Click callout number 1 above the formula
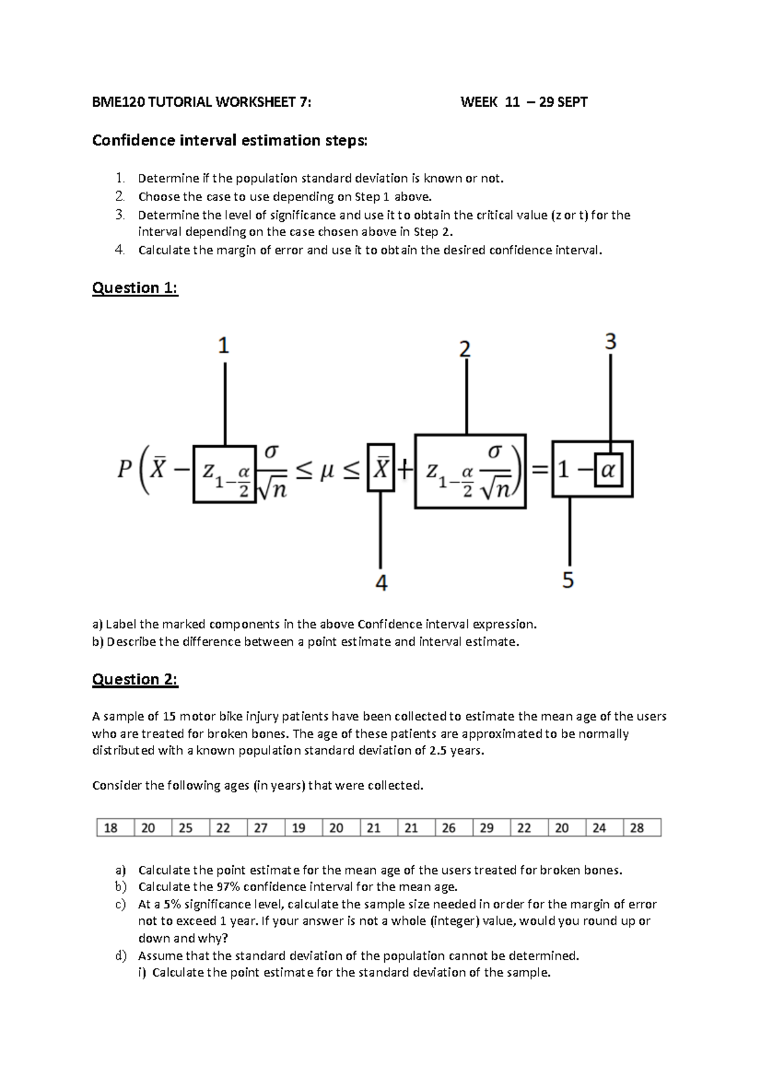click(x=223, y=346)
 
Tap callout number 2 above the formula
click(x=465, y=349)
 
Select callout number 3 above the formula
click(x=610, y=342)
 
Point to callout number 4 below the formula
click(x=381, y=583)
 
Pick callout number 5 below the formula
click(x=568, y=580)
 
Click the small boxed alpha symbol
click(x=608, y=470)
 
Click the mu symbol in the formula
click(x=327, y=470)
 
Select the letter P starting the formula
click(x=125, y=470)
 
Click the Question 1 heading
click(x=135, y=288)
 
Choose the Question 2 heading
click(x=135, y=679)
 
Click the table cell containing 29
click(x=486, y=828)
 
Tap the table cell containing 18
click(x=110, y=828)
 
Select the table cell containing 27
click(x=261, y=828)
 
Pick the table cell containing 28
click(x=637, y=828)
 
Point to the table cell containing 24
click(x=599, y=828)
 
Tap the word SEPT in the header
click(x=572, y=102)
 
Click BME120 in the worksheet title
click(x=118, y=102)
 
